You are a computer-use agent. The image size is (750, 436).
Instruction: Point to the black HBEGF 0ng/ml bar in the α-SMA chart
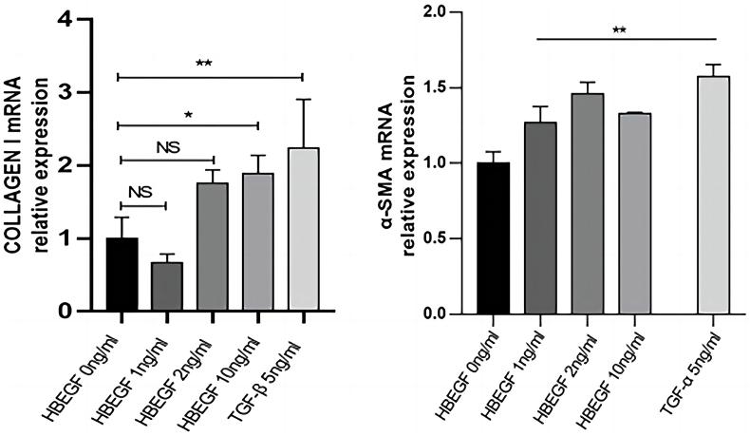click(495, 237)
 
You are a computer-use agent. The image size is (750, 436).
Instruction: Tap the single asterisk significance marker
click(189, 114)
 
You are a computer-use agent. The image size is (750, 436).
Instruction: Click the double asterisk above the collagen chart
click(203, 64)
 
